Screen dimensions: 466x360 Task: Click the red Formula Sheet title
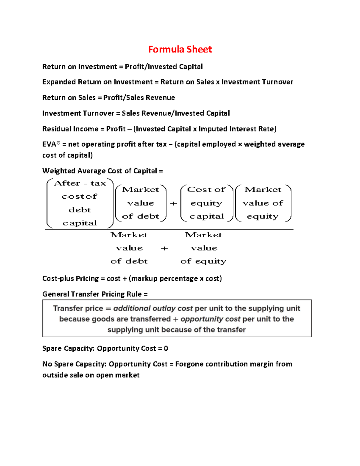180,49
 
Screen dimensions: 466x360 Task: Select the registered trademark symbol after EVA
58,143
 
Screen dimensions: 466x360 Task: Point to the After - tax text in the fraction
80,183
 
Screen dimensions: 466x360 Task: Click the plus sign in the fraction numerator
173,203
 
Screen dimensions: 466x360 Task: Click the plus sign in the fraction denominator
164,248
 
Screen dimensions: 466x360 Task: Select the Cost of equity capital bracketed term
207,203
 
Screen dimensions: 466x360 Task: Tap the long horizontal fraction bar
169,230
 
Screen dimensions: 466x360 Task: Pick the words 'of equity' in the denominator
203,261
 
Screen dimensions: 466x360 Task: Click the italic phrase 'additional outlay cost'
153,308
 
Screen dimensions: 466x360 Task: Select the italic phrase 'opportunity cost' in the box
210,319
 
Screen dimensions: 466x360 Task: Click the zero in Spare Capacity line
166,348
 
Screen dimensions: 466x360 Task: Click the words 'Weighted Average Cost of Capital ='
103,171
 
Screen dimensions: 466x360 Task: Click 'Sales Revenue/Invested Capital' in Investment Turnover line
176,113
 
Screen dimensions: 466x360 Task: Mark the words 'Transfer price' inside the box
78,308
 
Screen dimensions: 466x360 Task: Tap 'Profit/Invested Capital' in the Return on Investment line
164,67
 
